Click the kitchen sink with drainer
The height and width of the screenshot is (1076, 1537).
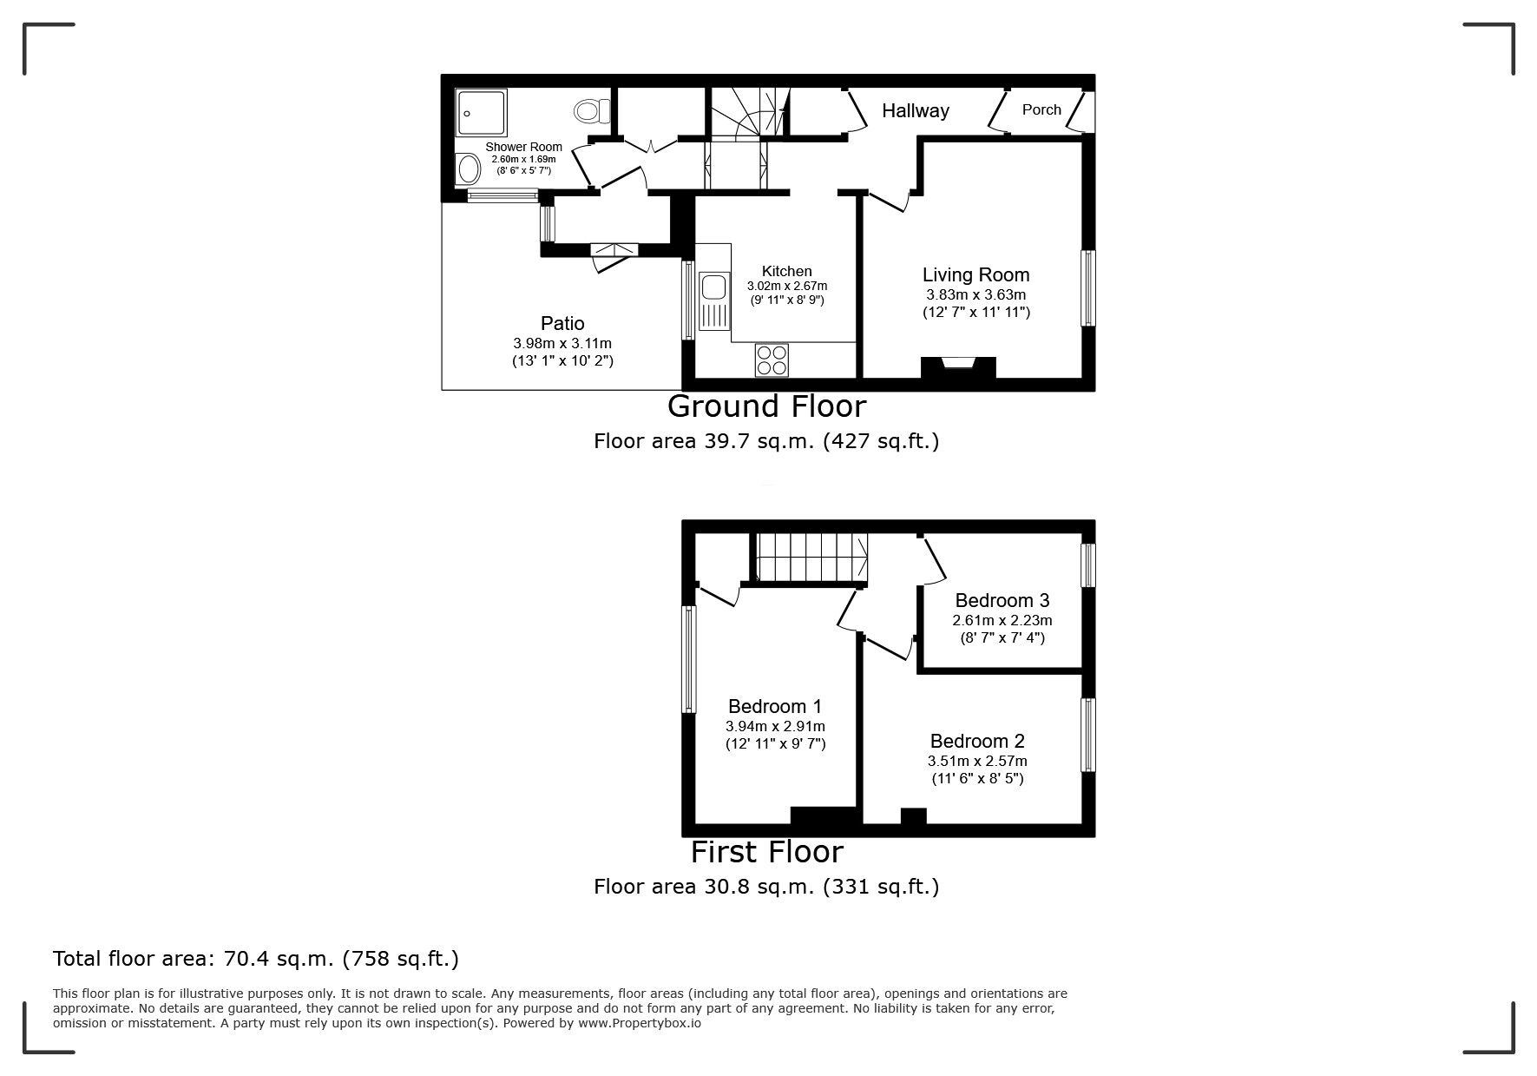(714, 300)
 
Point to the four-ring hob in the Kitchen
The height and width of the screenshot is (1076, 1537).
(772, 360)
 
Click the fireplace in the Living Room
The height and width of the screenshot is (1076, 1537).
(958, 366)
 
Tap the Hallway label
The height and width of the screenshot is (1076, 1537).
(915, 110)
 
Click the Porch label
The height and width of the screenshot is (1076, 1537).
(1041, 109)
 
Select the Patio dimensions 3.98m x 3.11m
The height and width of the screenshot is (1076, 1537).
(562, 344)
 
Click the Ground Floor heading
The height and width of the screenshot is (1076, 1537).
(766, 406)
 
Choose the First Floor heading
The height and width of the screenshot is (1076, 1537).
(766, 852)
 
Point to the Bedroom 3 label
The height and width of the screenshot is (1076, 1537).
(1002, 600)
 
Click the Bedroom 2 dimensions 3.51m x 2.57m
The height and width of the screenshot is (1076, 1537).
(977, 761)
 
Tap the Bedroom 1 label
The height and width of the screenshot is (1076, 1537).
(774, 707)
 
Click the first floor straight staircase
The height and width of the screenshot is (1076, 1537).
(811, 557)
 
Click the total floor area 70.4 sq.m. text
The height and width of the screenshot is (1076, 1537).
(256, 959)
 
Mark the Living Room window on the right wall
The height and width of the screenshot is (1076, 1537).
(1087, 288)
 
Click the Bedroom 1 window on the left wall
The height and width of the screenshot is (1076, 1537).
(689, 659)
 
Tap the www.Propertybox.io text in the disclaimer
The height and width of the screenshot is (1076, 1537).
(640, 1023)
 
